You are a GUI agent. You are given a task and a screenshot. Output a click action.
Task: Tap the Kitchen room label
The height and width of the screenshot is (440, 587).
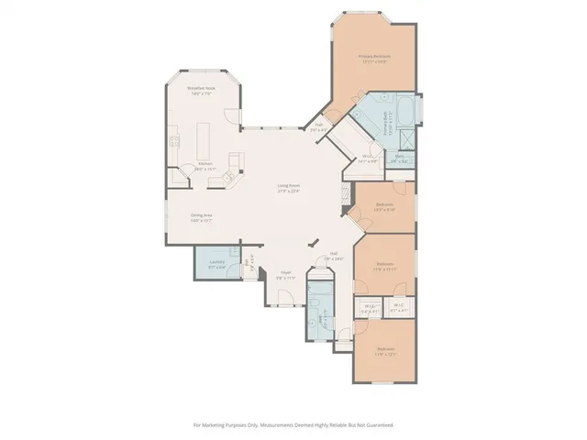tap(204, 166)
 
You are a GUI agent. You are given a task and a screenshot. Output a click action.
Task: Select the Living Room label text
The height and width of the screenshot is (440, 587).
tap(290, 189)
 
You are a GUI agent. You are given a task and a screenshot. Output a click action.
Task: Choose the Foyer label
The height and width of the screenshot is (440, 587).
tap(286, 273)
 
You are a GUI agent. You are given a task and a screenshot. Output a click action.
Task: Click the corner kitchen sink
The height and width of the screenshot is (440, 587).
tap(233, 165)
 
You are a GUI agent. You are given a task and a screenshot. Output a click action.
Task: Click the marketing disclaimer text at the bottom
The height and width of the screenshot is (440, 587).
tap(293, 424)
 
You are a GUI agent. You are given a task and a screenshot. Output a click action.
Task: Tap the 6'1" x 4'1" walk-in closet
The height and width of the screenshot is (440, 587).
tap(398, 309)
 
